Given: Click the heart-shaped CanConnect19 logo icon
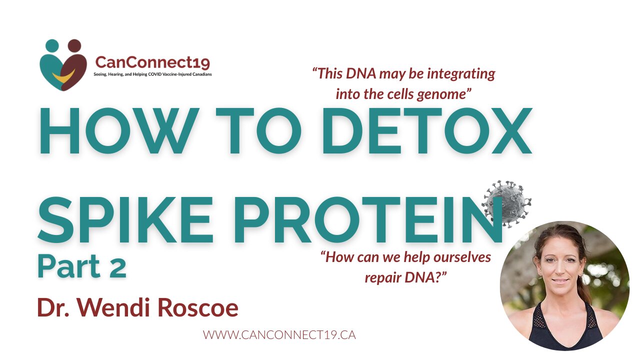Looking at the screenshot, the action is (63, 65).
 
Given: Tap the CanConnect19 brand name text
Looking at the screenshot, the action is (152, 62).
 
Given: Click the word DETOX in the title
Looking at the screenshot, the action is (427, 131).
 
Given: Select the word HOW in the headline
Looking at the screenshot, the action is (119, 131).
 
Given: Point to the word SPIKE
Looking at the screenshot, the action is (125, 219).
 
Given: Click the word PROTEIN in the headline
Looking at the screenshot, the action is (368, 219).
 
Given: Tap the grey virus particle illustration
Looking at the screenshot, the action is (506, 203).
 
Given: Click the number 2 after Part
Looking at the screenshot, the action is (117, 267).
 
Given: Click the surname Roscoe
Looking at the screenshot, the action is (198, 307).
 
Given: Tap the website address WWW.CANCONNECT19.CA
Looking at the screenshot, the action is (279, 335).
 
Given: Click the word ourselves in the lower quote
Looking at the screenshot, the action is (462, 257).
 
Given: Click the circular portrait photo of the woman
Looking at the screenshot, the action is (565, 286).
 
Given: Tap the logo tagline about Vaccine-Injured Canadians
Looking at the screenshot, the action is (152, 74).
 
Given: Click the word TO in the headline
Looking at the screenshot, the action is (258, 131).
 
